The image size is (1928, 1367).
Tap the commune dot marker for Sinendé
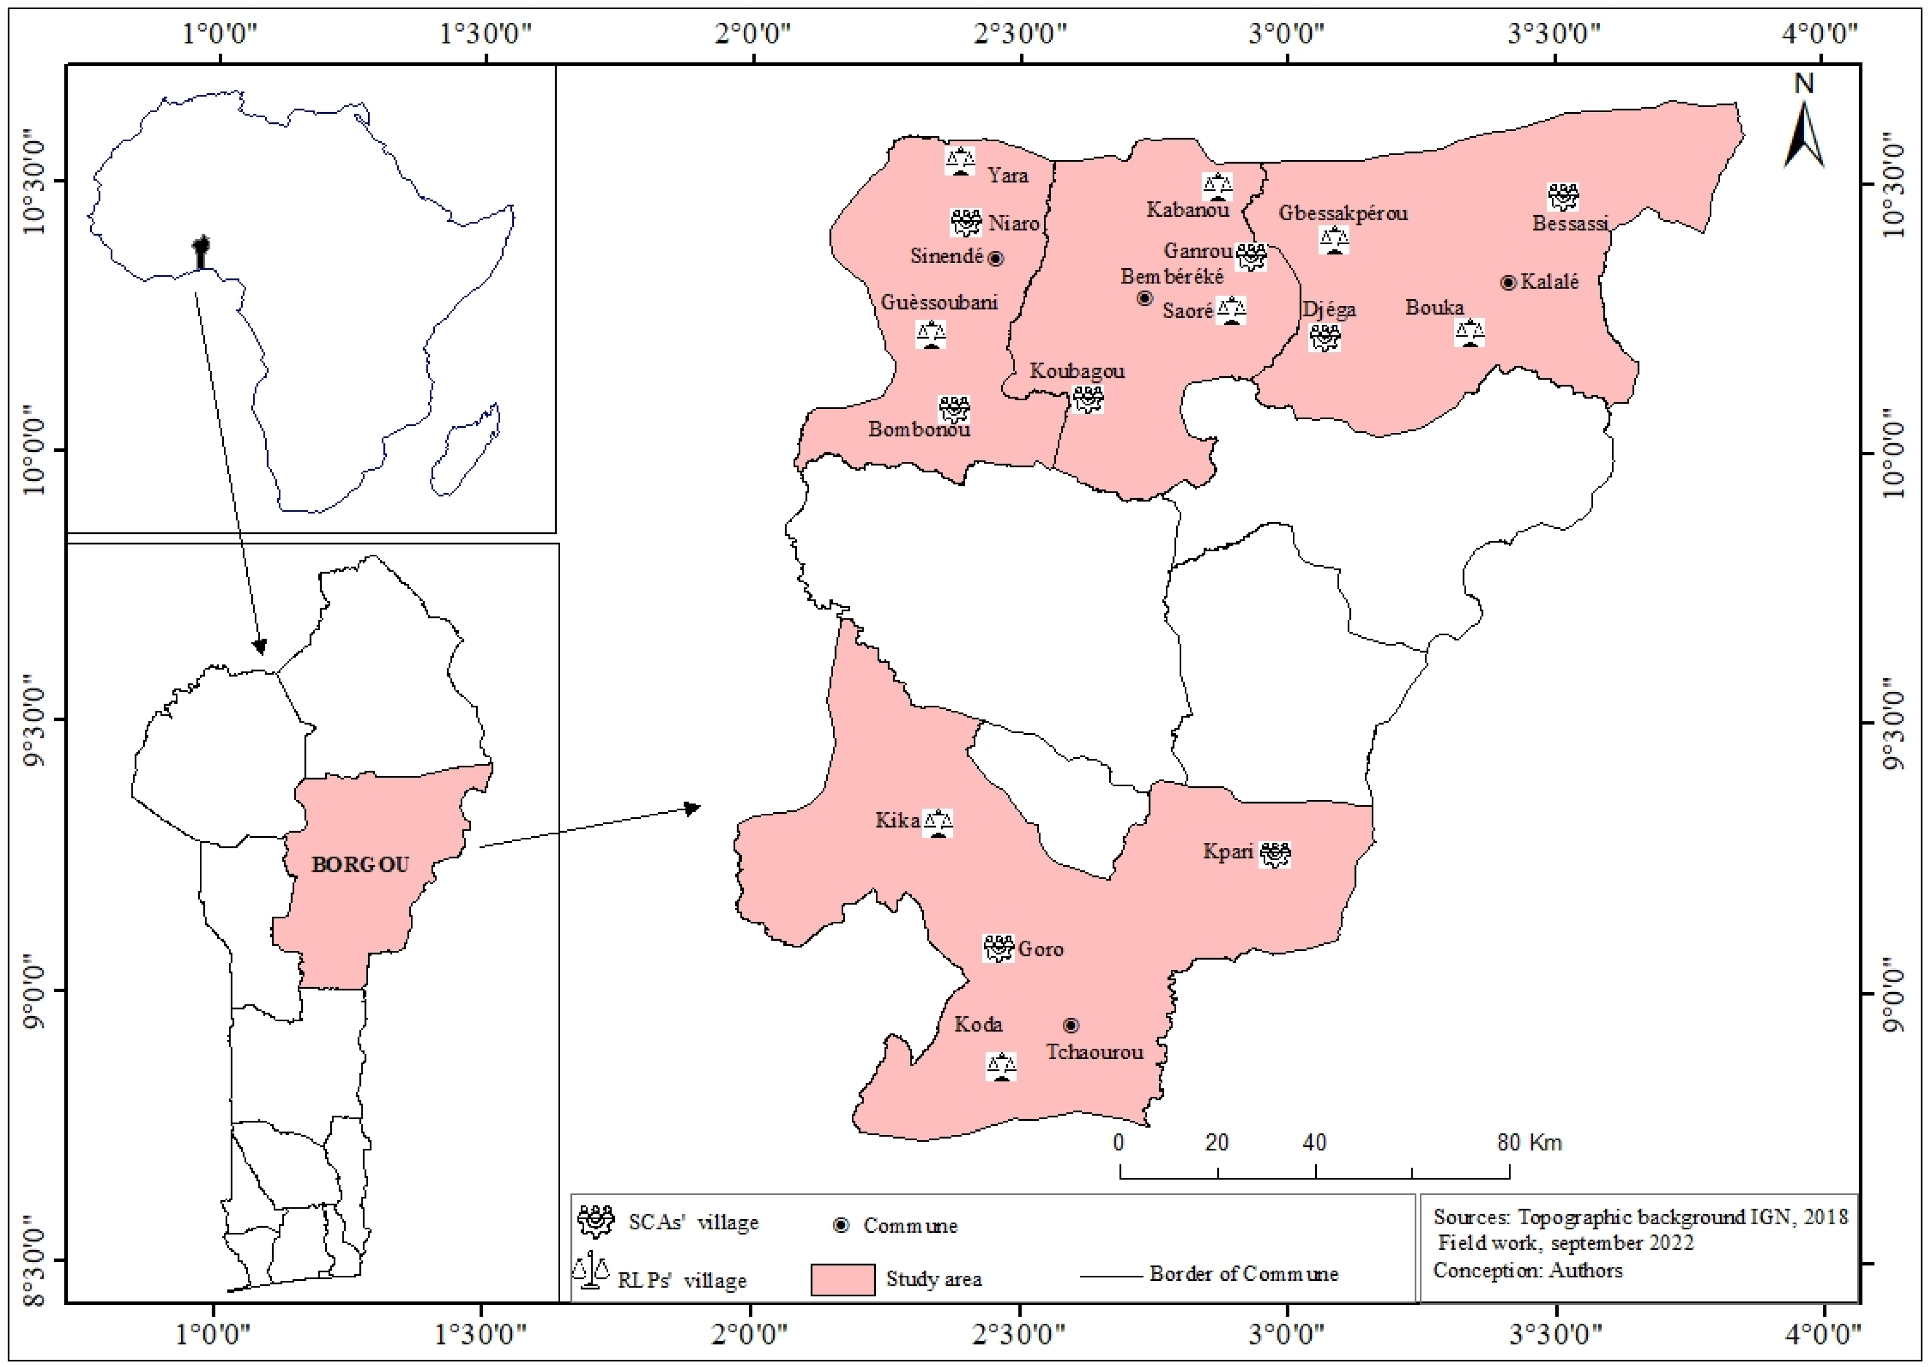(996, 259)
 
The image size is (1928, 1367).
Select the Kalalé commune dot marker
(1508, 283)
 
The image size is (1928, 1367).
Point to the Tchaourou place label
(1094, 1052)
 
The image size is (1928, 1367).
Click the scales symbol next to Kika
(937, 822)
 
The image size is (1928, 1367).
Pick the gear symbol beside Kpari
(1275, 855)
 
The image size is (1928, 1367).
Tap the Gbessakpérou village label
(1343, 213)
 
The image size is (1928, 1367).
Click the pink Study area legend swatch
(842, 1279)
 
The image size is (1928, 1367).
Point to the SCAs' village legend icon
(596, 1221)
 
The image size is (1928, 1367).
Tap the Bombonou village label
(919, 429)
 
